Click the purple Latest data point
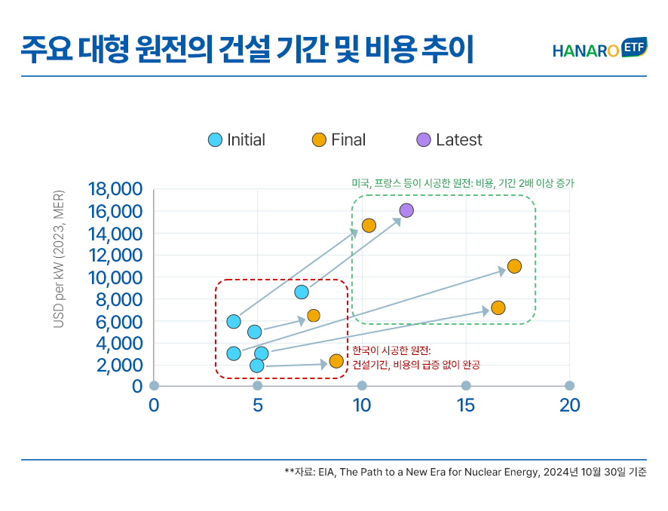406,210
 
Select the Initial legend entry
237,139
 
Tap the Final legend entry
339,139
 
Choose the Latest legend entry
449,139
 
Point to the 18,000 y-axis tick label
115,189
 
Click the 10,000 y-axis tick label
115,277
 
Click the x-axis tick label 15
466,405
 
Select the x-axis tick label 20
569,405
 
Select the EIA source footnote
465,473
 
